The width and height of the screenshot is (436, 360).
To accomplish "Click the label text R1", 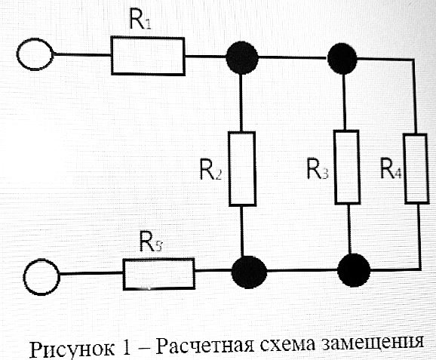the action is (140, 19).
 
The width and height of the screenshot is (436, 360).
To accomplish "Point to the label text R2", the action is (210, 170).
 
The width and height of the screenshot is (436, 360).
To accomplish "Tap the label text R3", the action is (317, 168).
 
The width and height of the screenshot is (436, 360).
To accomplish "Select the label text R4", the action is (391, 168).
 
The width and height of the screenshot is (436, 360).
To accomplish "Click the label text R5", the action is (150, 242).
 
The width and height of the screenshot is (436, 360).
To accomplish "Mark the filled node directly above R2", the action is (242, 57).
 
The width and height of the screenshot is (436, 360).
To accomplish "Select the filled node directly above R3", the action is (342, 58).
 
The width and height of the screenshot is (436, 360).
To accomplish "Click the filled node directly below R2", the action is (249, 272).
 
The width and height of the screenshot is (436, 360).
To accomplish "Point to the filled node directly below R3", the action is (354, 270).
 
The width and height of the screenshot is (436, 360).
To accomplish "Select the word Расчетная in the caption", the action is (204, 345).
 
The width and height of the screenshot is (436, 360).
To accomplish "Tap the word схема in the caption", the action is (287, 344).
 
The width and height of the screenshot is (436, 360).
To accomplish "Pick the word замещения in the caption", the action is (373, 343).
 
